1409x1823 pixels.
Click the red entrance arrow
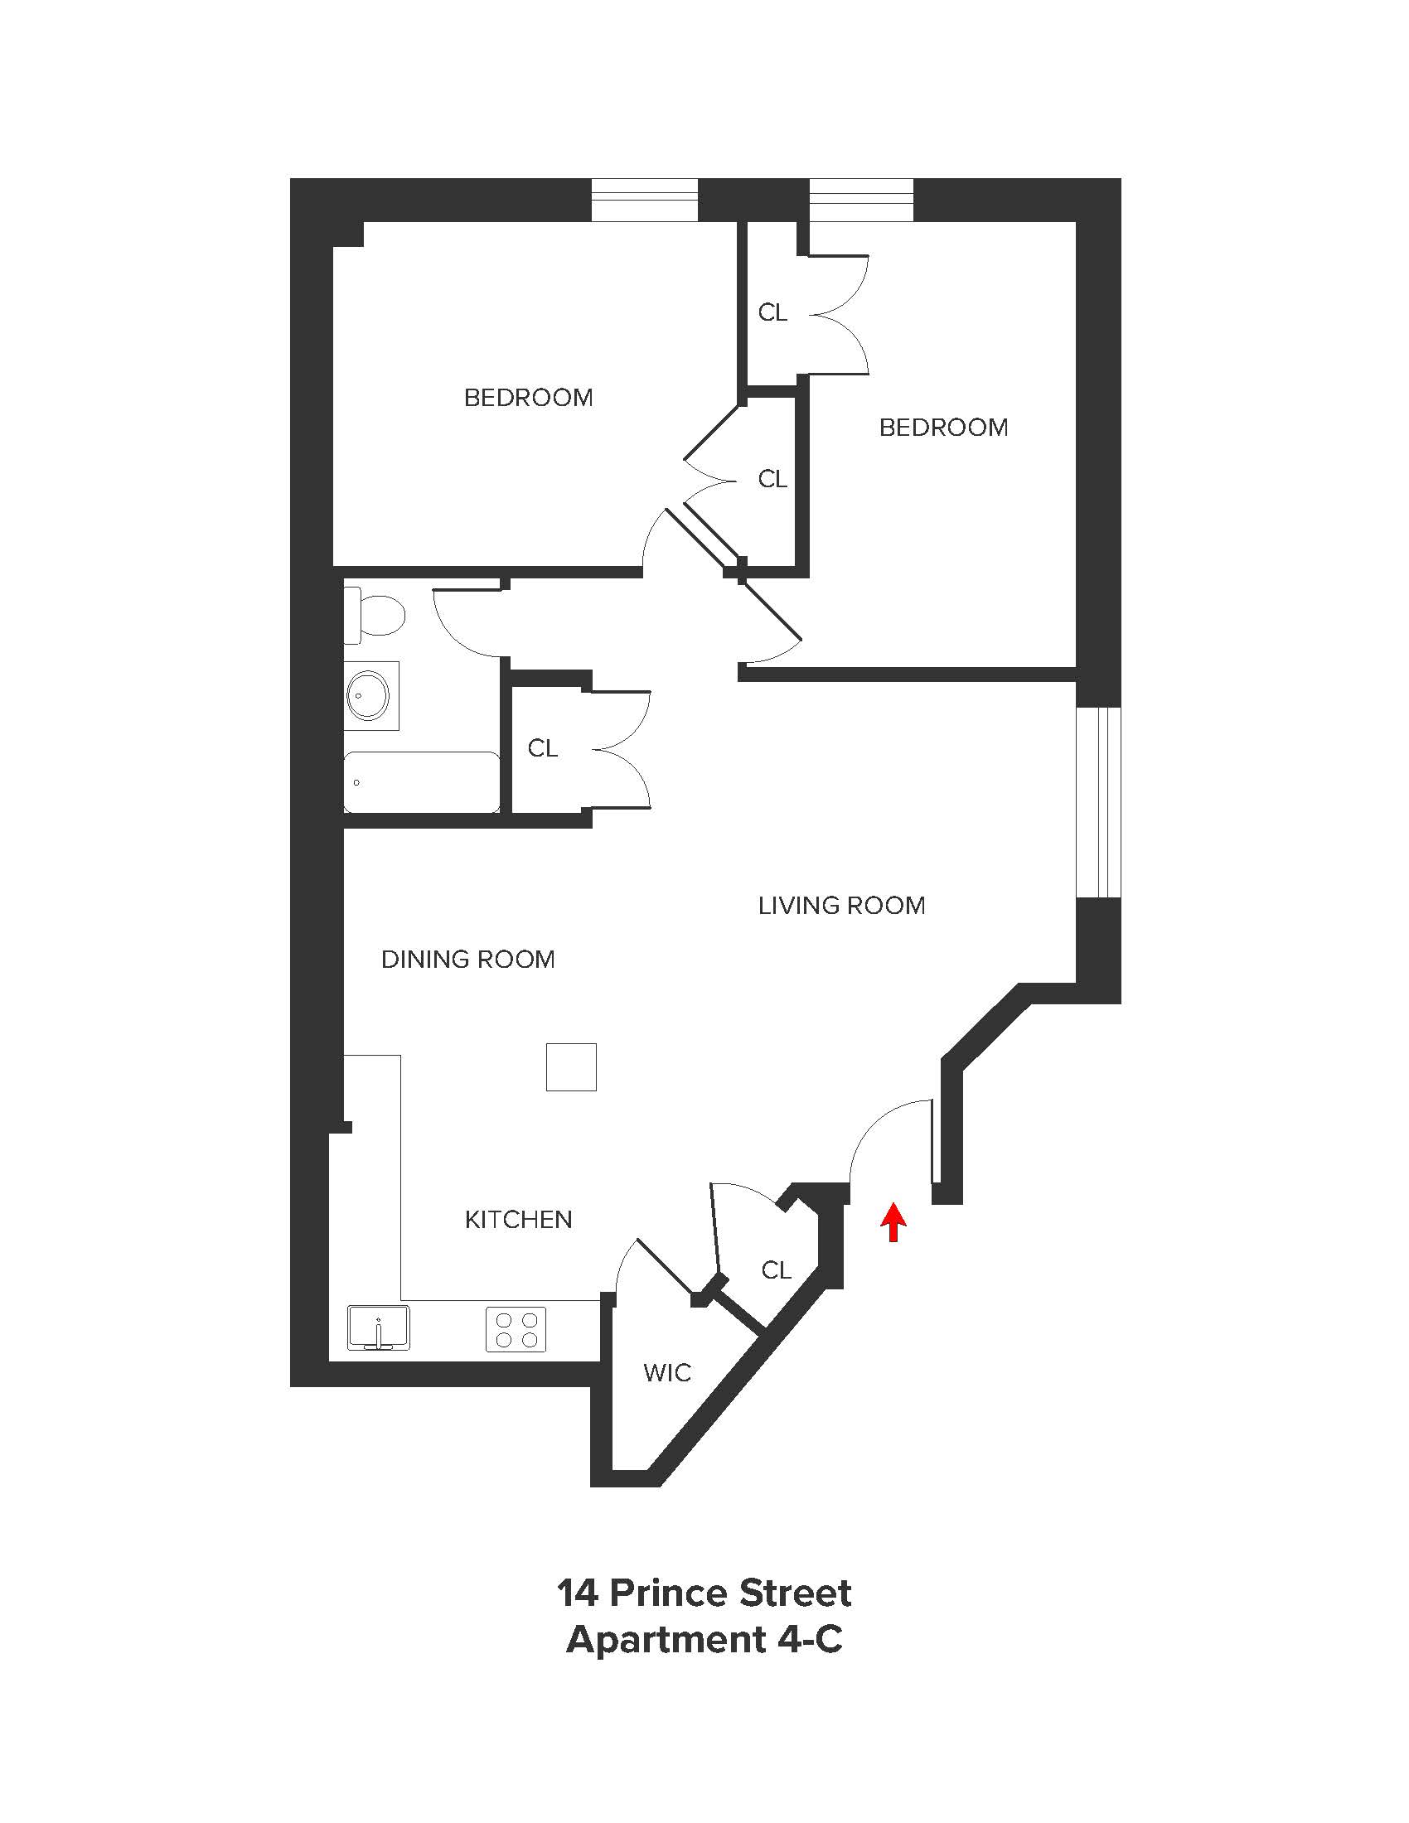[x=893, y=1222]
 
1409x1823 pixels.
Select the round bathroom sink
[x=368, y=694]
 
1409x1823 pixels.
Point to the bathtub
[x=423, y=782]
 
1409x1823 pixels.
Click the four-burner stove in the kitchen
[x=516, y=1329]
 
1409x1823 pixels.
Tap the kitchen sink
[x=379, y=1327]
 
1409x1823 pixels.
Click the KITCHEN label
[x=518, y=1220]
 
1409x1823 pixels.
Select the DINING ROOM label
[x=467, y=959]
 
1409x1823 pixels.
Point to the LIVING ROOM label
[x=841, y=906]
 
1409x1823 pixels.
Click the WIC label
[x=667, y=1373]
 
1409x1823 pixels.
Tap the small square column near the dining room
[x=571, y=1066]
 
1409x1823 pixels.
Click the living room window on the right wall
[x=1097, y=802]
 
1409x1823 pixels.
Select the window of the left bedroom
[x=644, y=200]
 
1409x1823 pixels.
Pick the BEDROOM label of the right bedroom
[x=943, y=428]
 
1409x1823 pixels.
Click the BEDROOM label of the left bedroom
[x=529, y=397]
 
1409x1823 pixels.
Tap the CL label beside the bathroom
[x=543, y=748]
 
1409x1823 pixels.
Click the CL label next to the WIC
[x=776, y=1270]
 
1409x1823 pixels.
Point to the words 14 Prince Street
[x=704, y=1593]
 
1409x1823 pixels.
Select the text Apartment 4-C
[x=704, y=1640]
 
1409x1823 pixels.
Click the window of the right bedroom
[x=861, y=200]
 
